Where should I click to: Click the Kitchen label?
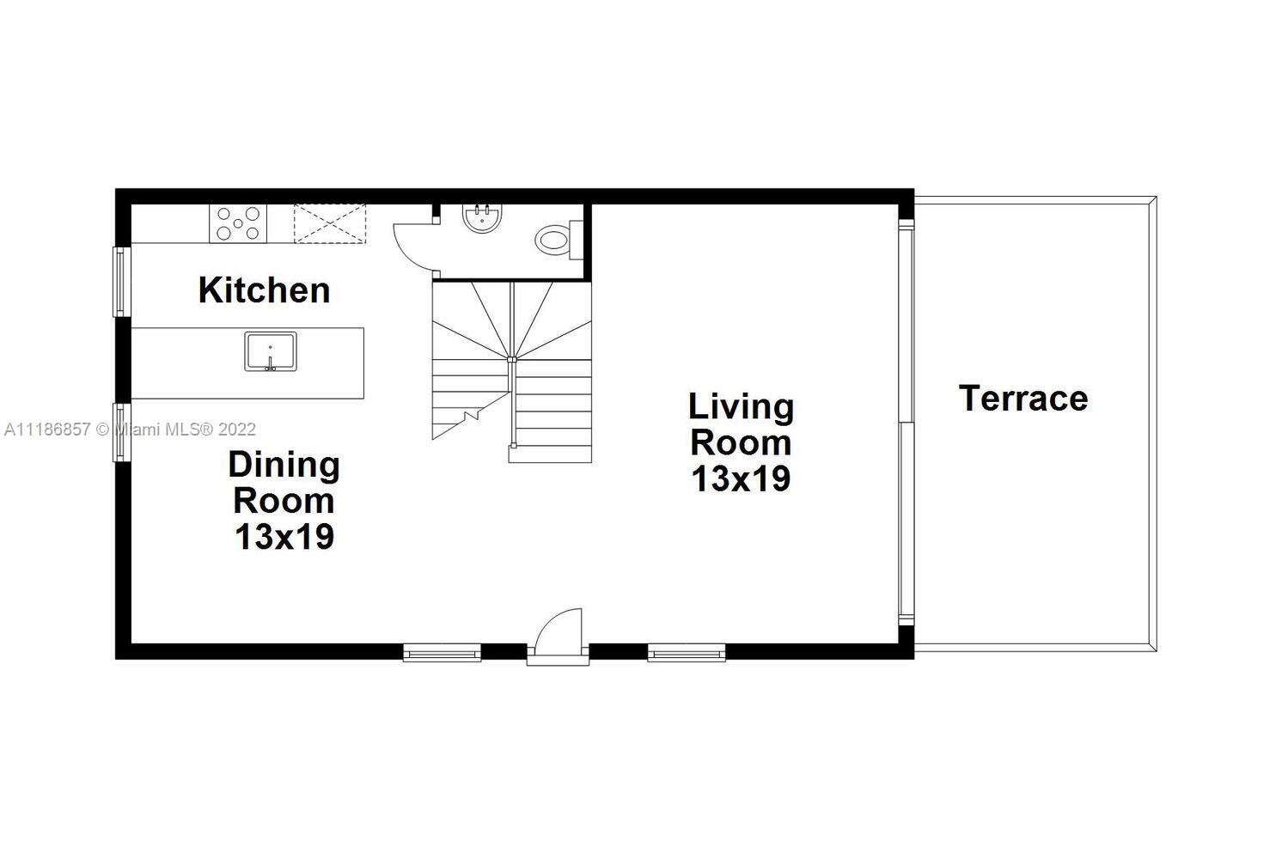(265, 290)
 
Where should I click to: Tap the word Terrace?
(1023, 398)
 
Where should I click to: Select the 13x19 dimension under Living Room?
(742, 478)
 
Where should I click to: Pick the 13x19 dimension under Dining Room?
(284, 536)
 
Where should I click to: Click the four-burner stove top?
(238, 223)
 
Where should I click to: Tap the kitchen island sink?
(271, 351)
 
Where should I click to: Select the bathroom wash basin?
(481, 218)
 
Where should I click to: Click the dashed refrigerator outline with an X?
(330, 223)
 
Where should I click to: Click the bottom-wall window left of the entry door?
(442, 653)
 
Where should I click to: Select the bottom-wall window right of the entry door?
(687, 653)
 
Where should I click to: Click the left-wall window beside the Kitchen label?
(121, 282)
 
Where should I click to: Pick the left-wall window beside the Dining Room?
(121, 432)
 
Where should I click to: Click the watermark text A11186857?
(47, 429)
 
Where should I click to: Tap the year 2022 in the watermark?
(237, 429)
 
